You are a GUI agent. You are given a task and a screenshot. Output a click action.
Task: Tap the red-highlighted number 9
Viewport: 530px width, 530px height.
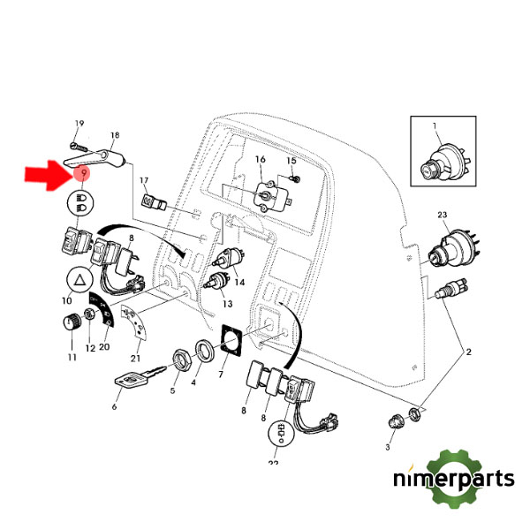tap(82, 174)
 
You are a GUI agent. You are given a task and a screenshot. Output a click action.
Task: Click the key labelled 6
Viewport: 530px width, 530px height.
tap(130, 381)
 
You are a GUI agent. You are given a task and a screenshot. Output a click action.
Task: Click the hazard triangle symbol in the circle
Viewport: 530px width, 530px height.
tap(79, 282)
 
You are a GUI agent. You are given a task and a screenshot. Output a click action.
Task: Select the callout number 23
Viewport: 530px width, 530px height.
tap(442, 215)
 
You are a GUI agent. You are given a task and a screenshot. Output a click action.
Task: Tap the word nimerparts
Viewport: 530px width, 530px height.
tap(453, 480)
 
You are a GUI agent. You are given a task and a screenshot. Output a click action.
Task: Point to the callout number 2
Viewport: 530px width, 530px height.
tap(469, 352)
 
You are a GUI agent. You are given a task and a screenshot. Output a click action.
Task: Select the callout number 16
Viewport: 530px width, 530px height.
tap(260, 160)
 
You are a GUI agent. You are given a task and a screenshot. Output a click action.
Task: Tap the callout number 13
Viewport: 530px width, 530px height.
tap(227, 303)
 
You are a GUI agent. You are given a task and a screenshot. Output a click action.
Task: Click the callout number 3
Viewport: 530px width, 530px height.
tap(386, 449)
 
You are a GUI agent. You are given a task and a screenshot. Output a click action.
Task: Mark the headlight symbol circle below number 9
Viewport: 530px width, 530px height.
tap(82, 202)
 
